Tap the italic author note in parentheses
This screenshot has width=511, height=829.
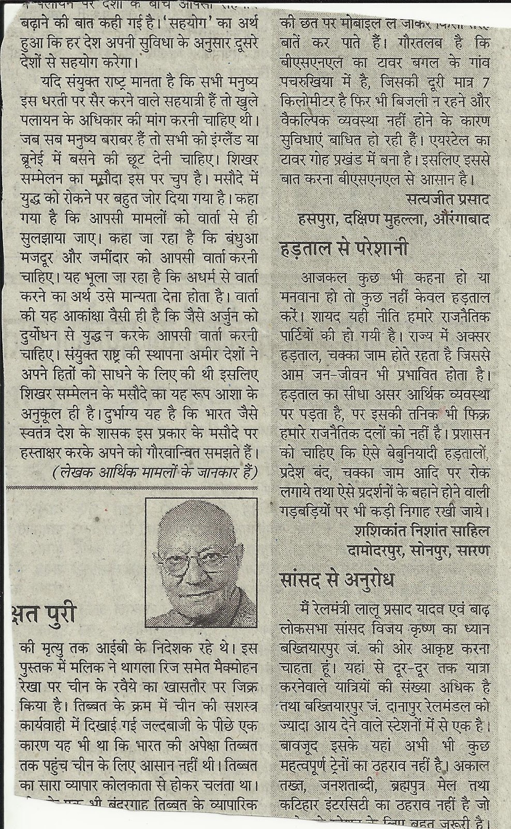[x=154, y=471]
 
